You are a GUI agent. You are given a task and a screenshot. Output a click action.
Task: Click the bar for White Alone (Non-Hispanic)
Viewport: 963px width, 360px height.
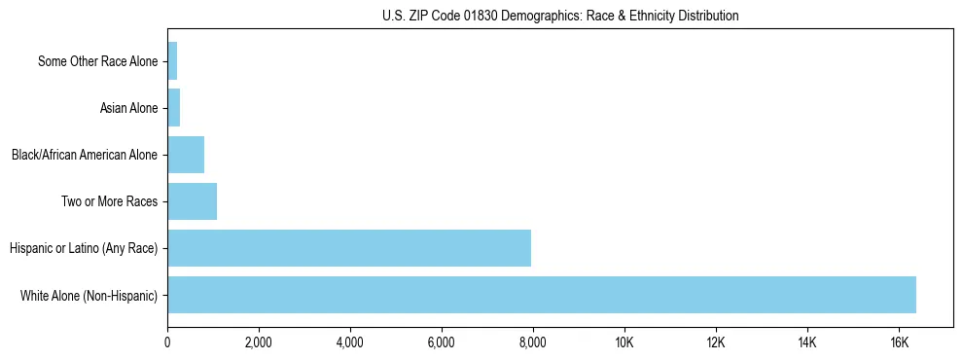point(542,295)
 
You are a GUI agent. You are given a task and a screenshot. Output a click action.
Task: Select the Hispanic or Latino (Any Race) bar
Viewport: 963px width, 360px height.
point(349,248)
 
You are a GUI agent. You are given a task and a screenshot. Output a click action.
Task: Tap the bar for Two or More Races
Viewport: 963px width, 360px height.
point(192,201)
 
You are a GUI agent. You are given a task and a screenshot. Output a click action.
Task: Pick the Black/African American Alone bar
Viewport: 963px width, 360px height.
point(186,155)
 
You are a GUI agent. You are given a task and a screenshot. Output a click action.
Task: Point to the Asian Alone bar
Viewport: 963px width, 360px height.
point(174,108)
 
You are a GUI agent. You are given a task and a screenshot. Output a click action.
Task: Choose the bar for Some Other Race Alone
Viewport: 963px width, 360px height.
point(172,61)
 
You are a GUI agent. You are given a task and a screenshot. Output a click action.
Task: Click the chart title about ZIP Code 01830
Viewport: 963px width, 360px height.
point(560,16)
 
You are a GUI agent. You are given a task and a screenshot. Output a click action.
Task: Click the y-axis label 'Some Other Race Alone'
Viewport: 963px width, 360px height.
point(97,61)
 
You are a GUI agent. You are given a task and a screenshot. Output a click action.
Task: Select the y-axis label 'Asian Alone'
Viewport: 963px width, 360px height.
point(128,108)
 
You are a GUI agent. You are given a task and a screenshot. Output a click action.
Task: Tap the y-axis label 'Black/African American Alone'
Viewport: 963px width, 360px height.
point(84,155)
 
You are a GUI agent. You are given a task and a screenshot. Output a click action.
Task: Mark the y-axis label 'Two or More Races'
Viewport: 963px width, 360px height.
point(109,201)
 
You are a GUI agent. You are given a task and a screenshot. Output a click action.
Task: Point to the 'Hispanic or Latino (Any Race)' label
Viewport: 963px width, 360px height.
point(84,248)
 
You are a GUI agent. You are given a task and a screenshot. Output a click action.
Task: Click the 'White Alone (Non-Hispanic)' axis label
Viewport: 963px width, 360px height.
point(89,295)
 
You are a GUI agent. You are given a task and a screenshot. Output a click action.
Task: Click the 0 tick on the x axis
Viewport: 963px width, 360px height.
point(167,342)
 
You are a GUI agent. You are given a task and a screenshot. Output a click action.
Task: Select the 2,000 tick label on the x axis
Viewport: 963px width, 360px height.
point(259,342)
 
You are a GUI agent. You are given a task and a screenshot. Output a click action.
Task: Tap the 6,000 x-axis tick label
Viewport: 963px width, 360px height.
point(442,342)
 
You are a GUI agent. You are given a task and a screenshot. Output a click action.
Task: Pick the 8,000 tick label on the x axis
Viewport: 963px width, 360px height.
point(533,342)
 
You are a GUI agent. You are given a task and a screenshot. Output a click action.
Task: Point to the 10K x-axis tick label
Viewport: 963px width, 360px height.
point(624,342)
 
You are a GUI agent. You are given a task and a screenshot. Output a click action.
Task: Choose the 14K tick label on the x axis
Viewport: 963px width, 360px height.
point(807,342)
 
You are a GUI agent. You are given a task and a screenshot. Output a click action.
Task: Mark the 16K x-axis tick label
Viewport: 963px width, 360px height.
point(899,342)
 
